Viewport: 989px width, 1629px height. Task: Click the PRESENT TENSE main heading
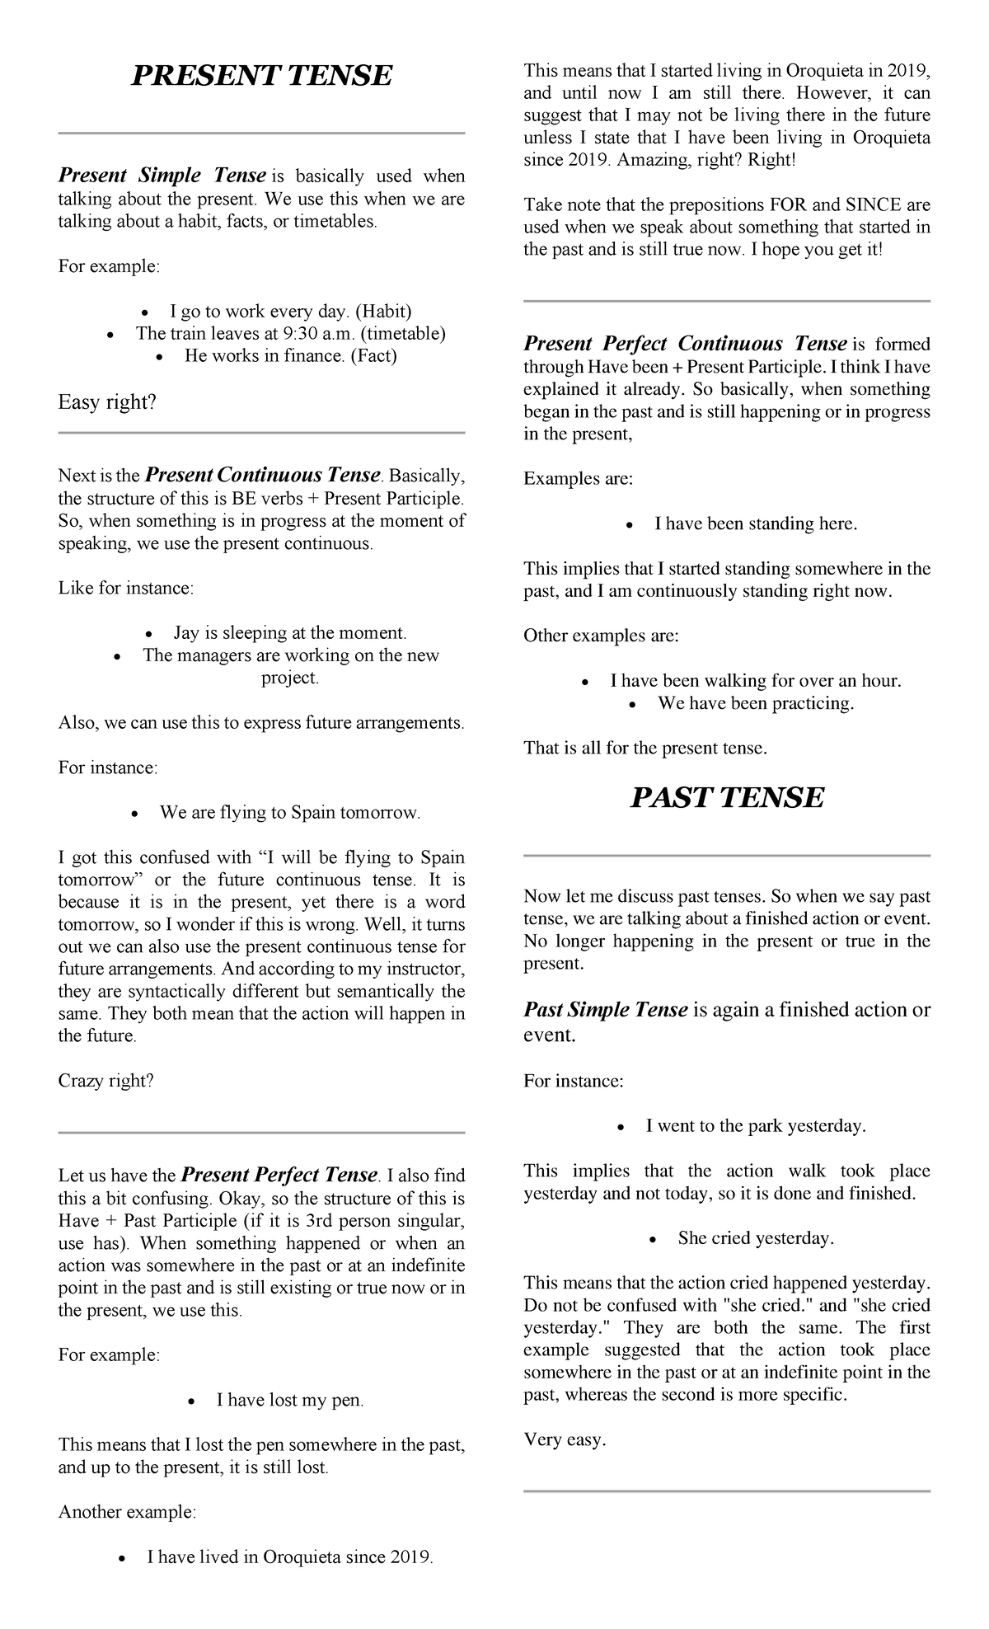[x=261, y=76]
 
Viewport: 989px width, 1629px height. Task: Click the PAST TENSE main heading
[x=726, y=798]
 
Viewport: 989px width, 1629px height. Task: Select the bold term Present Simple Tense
[x=162, y=176]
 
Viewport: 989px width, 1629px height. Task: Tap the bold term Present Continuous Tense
[x=262, y=475]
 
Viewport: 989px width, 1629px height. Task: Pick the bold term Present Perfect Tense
[x=278, y=1175]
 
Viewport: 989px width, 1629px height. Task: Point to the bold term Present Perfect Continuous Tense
[x=686, y=344]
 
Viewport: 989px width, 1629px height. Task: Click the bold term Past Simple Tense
[x=606, y=1010]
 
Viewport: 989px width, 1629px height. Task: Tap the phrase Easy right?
[x=107, y=402]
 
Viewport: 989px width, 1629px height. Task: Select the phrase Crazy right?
[x=105, y=1081]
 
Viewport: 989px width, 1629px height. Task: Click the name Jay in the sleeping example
[x=185, y=633]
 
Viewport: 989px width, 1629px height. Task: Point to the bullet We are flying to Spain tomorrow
[x=290, y=813]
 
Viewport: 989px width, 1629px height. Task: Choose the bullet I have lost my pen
[x=289, y=1400]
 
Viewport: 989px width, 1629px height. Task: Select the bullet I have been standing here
[x=755, y=524]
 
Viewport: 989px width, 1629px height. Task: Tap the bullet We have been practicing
[x=755, y=703]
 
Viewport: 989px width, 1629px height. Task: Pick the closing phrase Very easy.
[x=565, y=1440]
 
